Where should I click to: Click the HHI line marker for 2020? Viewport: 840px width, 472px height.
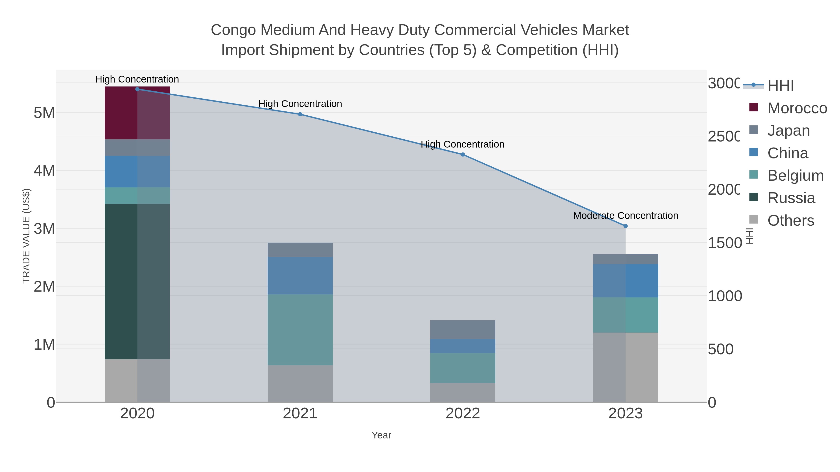point(137,89)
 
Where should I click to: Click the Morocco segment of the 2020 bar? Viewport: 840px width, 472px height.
point(137,113)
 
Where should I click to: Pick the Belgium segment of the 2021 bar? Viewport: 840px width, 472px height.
point(300,330)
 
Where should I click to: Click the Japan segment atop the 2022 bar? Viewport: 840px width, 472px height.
point(463,329)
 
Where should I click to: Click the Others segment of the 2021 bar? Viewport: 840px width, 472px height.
point(300,383)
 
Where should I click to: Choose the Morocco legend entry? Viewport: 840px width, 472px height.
point(797,108)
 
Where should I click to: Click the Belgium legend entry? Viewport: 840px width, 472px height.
point(795,176)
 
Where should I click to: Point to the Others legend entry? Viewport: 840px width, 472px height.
point(791,220)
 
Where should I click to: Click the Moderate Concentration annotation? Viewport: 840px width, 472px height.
point(625,216)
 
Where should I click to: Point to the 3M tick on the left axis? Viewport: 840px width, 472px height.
point(44,229)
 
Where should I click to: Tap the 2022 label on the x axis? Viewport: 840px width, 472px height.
point(463,414)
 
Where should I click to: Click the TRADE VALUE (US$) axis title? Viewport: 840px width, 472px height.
point(26,236)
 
